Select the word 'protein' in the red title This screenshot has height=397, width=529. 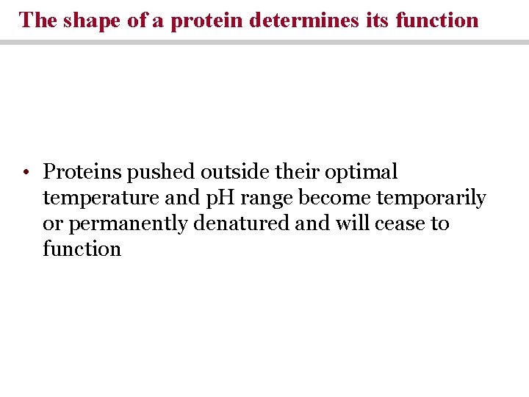point(207,20)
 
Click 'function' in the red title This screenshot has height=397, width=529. point(436,20)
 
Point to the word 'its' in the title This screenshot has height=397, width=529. point(377,20)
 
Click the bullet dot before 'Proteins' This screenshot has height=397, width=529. point(25,174)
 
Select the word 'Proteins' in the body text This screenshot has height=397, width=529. point(82,172)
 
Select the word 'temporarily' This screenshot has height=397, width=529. point(431,198)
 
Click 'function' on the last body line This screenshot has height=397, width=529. point(82,248)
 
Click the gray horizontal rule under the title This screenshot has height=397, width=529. point(264,43)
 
